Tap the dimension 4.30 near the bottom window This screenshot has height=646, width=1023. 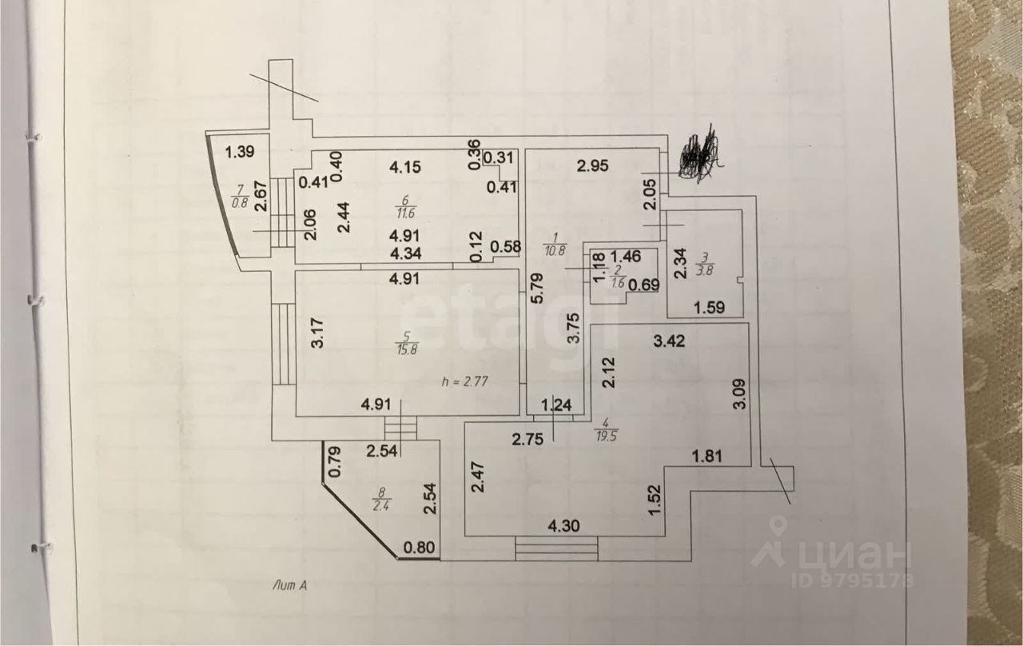coord(563,528)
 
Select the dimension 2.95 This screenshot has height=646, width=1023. coord(594,167)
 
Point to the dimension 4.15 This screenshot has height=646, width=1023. coord(406,168)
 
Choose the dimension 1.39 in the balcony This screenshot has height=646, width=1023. coord(239,152)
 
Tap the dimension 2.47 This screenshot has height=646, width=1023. coord(477,478)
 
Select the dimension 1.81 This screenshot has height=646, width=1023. coord(707,457)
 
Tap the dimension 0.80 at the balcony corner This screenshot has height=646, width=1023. coord(420,548)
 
